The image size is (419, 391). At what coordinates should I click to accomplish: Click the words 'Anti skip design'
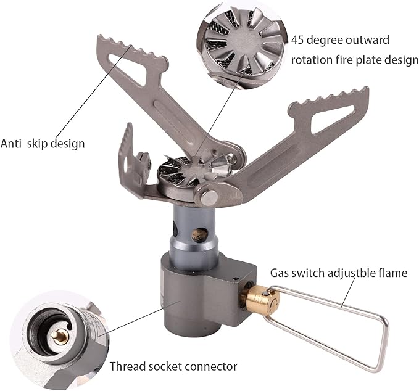[43, 144]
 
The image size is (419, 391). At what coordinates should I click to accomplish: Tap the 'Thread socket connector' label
[173, 366]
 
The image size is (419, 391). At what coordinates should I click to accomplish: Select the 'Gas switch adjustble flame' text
[339, 273]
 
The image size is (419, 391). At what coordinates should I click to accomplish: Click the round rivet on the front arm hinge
[209, 197]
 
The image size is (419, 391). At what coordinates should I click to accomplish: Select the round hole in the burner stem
[199, 235]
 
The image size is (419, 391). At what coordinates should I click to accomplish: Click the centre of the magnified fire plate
[241, 40]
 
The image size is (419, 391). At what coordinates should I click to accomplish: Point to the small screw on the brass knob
[267, 294]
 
